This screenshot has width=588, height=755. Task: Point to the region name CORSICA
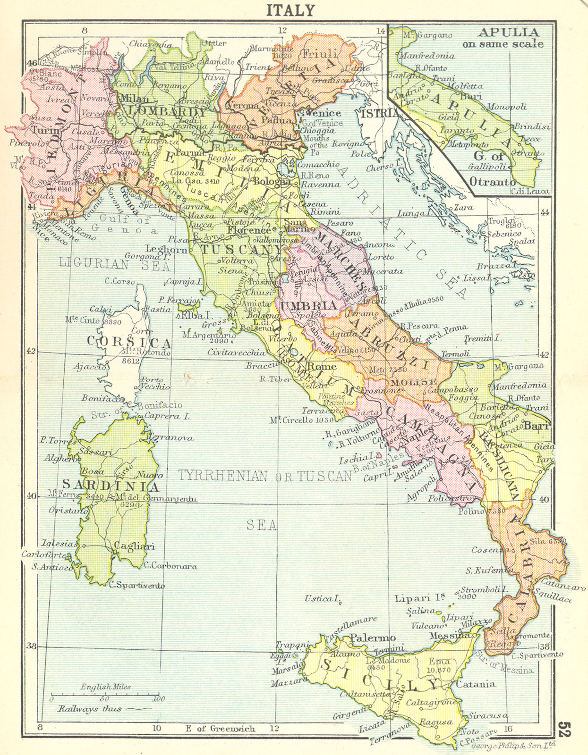128,342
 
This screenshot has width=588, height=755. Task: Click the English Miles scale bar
105,697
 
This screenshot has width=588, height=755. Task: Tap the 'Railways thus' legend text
90,709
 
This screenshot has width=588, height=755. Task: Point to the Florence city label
249,230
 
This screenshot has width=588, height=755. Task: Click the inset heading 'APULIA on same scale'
508,38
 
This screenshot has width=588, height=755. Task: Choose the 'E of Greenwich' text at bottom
220,729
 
